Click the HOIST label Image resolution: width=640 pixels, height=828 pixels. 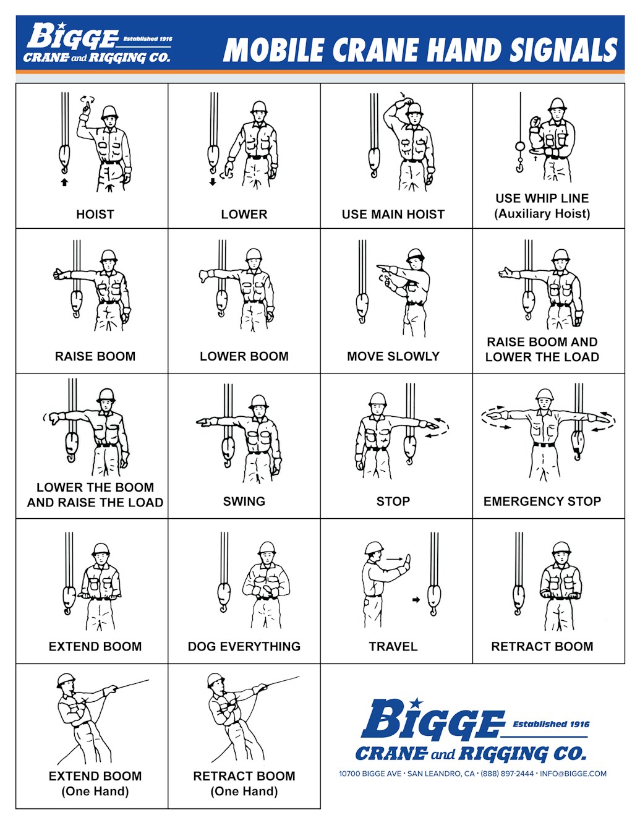[95, 215]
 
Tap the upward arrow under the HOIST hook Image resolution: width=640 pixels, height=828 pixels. [64, 182]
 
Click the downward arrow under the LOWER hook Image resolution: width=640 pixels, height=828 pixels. [213, 182]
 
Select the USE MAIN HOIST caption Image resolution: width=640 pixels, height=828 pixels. [393, 215]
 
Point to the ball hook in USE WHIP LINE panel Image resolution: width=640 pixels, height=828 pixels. [520, 147]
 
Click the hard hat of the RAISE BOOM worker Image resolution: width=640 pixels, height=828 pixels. [109, 256]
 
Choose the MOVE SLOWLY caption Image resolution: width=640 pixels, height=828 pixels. [393, 356]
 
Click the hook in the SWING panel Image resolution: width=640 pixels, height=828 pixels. [228, 450]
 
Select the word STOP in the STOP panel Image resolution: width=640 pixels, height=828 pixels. [393, 501]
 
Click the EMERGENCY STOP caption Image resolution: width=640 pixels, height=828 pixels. [542, 501]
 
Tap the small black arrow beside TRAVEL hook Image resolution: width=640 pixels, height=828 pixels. [416, 599]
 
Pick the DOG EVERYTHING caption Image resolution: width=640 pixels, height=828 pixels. [244, 646]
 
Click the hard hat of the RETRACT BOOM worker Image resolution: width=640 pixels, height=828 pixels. [561, 548]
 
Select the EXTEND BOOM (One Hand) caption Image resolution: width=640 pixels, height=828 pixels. [95, 783]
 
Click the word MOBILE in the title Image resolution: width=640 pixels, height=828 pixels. [273, 51]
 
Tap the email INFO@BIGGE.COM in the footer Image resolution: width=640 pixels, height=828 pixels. [573, 774]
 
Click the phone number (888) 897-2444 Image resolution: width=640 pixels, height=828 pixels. [507, 774]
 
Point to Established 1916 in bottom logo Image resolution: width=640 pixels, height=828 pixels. [550, 724]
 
